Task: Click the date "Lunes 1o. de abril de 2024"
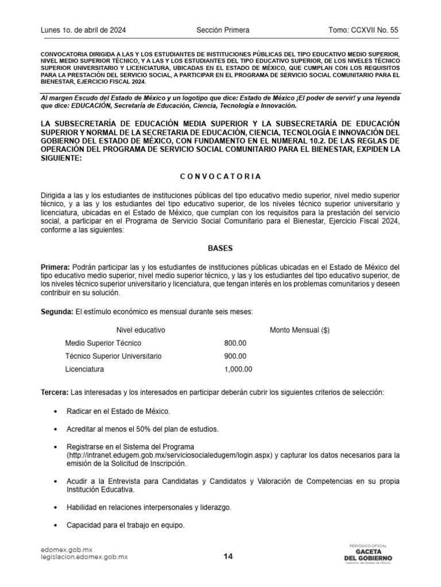[x=83, y=30]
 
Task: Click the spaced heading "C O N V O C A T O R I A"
[x=220, y=176]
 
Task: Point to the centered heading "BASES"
[x=220, y=248]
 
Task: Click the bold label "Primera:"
[x=55, y=268]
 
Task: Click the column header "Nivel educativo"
[x=141, y=330]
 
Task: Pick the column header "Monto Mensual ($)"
[x=300, y=330]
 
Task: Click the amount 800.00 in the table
[x=235, y=343]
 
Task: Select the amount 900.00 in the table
[x=235, y=356]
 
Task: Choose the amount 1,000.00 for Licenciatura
[x=238, y=369]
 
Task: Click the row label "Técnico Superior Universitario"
[x=113, y=356]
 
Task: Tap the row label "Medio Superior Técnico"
[x=103, y=343]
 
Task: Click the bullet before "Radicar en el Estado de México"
[x=55, y=412]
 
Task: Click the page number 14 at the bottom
[x=228, y=556]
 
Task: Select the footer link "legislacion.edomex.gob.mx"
[x=84, y=557]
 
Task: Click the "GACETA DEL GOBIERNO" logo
[x=367, y=554]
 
